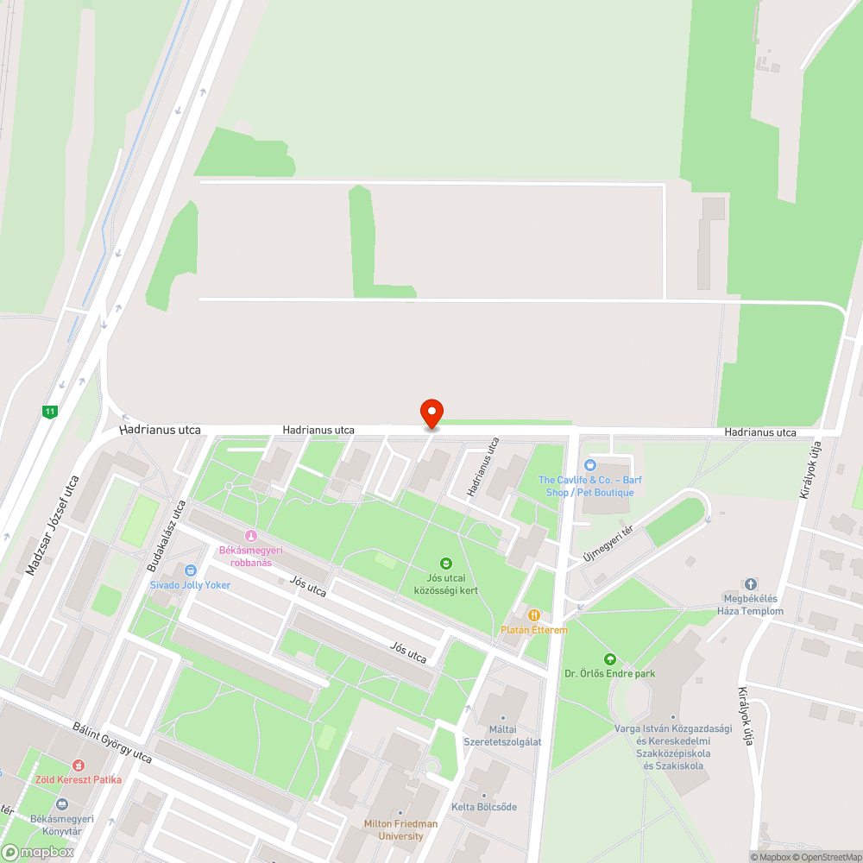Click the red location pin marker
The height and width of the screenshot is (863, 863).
[431, 413]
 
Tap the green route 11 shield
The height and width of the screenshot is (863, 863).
[51, 412]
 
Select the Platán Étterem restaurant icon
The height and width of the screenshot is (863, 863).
[534, 615]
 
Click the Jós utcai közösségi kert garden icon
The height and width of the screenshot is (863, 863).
[446, 563]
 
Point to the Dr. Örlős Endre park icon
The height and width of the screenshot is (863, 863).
[610, 659]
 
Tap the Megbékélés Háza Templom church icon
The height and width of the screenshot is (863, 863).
[750, 584]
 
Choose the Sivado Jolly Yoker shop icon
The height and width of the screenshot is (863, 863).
[191, 570]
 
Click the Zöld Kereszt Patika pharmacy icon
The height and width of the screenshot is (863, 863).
[79, 765]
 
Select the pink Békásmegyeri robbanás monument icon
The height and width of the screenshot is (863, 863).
[251, 536]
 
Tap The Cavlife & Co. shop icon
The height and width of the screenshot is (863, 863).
[590, 465]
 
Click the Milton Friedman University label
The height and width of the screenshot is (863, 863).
[400, 829]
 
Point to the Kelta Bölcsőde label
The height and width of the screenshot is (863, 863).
[484, 807]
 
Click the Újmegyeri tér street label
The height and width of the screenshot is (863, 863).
[608, 543]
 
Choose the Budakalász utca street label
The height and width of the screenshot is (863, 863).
[167, 536]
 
